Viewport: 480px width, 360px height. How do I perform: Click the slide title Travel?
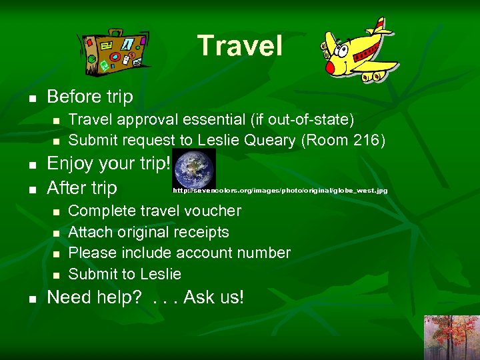coord(240,46)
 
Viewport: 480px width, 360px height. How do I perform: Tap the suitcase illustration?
coord(114,51)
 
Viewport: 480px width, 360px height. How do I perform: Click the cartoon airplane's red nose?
coord(329,67)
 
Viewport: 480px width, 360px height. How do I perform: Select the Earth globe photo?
coord(194,168)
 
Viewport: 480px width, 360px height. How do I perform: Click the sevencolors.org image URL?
coord(280,191)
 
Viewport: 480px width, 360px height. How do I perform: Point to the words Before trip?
coord(90,97)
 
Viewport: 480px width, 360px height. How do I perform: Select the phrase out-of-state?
coord(305,119)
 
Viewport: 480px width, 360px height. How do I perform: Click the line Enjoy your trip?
coord(109,163)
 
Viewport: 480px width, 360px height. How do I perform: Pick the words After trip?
coord(82,188)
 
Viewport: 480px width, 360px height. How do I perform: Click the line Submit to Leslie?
coord(125,274)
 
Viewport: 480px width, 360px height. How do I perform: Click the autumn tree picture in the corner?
coord(451,337)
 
